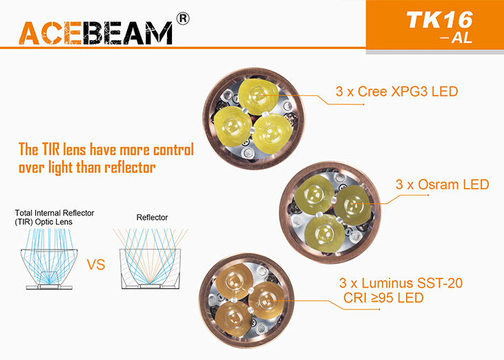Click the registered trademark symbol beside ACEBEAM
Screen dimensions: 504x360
tap(183, 19)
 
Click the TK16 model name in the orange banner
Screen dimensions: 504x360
tap(440, 20)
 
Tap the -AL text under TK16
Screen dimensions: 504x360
tap(457, 37)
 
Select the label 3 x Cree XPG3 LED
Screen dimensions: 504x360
tap(397, 92)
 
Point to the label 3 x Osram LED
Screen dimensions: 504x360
tap(443, 184)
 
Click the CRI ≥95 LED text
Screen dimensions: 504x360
tap(383, 298)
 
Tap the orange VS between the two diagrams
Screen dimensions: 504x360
tap(96, 265)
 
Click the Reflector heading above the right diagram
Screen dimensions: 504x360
tap(152, 218)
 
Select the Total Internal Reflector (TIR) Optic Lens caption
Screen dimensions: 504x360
tap(55, 217)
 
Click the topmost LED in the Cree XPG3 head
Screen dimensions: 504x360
tap(258, 96)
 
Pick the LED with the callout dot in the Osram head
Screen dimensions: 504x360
tap(353, 204)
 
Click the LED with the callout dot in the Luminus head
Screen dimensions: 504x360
tap(267, 301)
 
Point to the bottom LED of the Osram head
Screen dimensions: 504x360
tap(324, 234)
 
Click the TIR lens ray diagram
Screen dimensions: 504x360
tap(49, 259)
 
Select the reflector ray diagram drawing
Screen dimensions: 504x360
tap(151, 259)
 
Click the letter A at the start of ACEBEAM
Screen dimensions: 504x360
tap(29, 33)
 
